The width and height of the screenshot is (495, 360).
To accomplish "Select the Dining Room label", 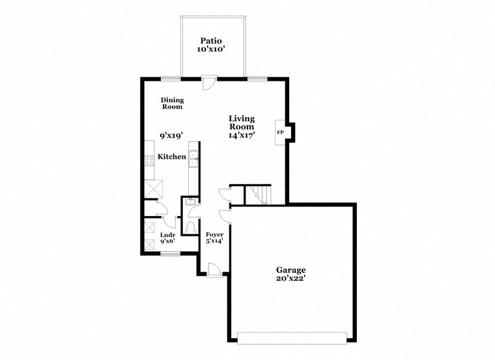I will [173, 103].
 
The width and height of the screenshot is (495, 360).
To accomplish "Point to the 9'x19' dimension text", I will [171, 135].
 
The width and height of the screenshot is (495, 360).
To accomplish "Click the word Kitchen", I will [172, 157].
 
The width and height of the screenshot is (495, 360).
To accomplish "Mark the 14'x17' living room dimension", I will [241, 135].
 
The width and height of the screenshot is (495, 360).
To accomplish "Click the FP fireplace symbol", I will [281, 132].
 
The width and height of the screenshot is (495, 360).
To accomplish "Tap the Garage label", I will [290, 270].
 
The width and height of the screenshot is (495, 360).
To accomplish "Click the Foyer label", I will [214, 234].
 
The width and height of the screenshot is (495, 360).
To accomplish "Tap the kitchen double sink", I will [193, 159].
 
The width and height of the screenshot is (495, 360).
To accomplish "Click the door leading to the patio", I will [208, 83].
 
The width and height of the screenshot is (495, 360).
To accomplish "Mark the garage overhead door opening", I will [292, 337].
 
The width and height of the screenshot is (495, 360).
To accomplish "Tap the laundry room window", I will [170, 254].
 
